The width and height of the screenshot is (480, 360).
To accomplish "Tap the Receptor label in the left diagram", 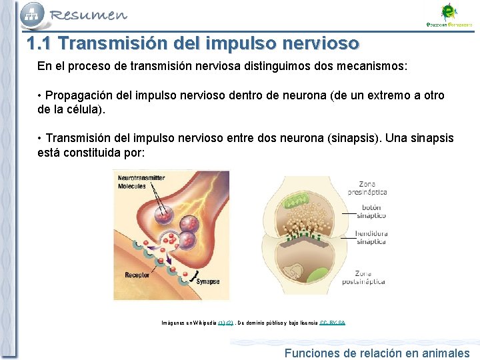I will point(137,275).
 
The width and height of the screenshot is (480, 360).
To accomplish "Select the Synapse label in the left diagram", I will point(207,281).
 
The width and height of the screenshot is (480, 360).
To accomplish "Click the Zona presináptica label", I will point(367,188).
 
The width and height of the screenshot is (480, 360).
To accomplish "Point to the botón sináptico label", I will point(371,211).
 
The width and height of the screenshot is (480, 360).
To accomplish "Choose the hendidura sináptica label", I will point(371,237).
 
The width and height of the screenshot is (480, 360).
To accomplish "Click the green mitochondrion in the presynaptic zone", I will point(299,199).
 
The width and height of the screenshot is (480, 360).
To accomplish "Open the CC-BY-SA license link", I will point(332,323).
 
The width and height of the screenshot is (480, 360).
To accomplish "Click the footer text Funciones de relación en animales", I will point(377,353).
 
